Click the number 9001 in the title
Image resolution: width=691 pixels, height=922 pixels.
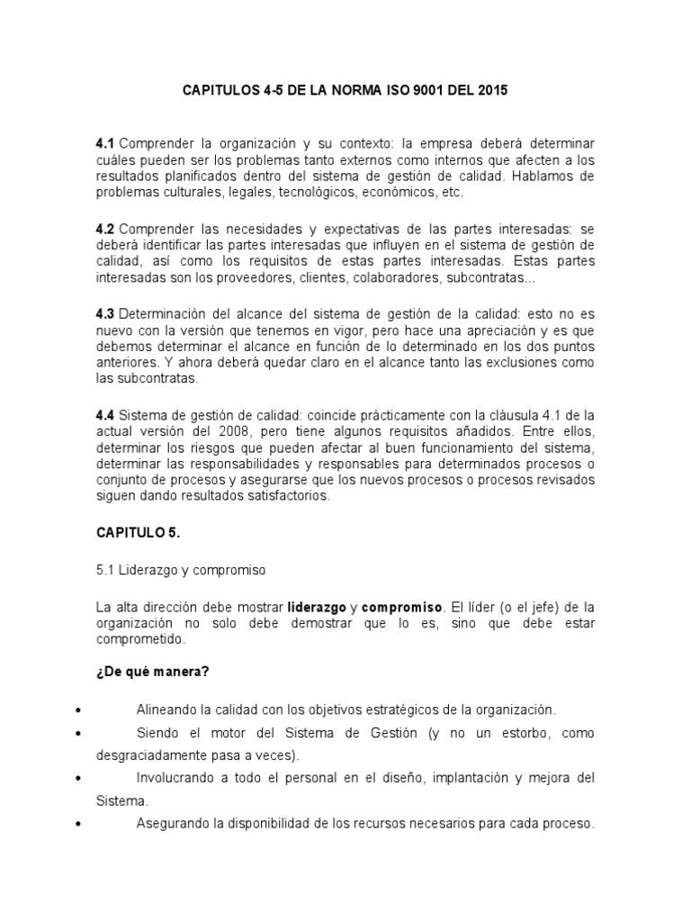[440, 90]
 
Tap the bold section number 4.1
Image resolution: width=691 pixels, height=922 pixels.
[106, 144]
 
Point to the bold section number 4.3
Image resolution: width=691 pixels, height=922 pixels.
[106, 313]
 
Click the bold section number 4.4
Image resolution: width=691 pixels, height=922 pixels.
[106, 414]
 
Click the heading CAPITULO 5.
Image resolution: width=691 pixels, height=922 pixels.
[139, 533]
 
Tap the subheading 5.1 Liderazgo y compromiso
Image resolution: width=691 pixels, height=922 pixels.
[181, 570]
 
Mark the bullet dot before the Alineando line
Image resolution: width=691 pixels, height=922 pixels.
[82, 710]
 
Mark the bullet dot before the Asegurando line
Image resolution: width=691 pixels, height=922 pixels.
[82, 823]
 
